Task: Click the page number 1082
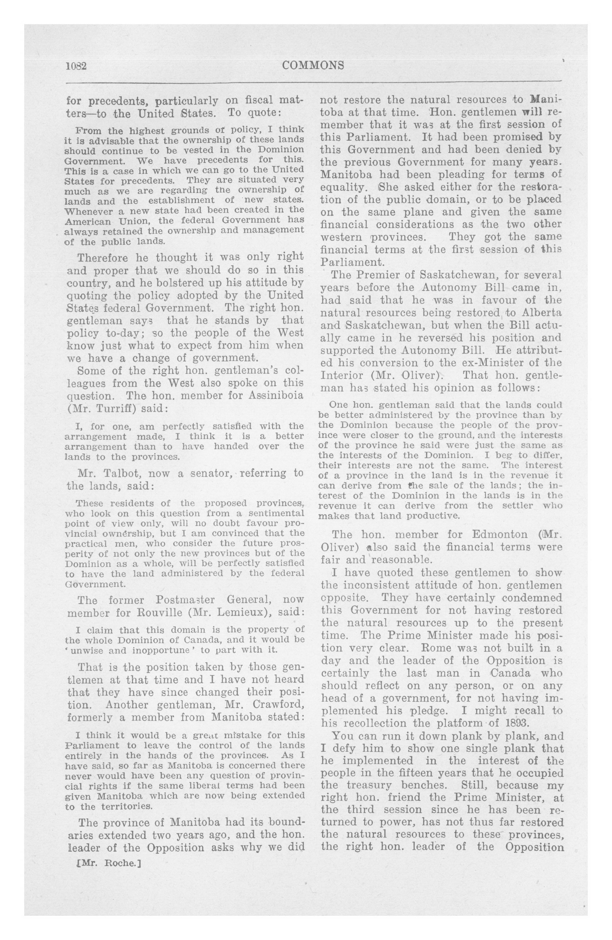(x=76, y=66)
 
